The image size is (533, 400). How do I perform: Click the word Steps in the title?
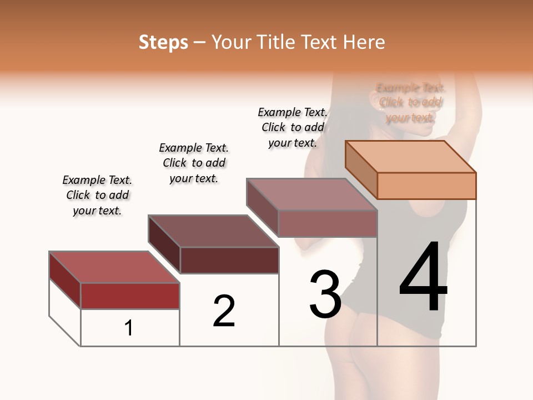pyautogui.click(x=163, y=42)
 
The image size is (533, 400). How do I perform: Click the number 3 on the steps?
pyautogui.click(x=325, y=294)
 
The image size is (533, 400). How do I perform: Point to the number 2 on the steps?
pyautogui.click(x=224, y=311)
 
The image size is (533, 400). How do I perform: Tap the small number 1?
pyautogui.click(x=129, y=328)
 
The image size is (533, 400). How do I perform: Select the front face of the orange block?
pyautogui.click(x=426, y=186)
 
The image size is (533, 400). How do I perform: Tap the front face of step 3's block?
pyautogui.click(x=328, y=223)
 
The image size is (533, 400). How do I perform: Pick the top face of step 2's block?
pyautogui.click(x=214, y=231)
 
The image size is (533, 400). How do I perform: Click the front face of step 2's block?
pyautogui.click(x=229, y=260)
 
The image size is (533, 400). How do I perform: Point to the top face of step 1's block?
pyautogui.click(x=114, y=267)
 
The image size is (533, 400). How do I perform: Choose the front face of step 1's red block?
pyautogui.click(x=130, y=296)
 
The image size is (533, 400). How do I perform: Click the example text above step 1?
pyautogui.click(x=97, y=195)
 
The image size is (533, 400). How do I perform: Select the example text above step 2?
pyautogui.click(x=194, y=163)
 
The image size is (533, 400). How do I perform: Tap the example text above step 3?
pyautogui.click(x=293, y=127)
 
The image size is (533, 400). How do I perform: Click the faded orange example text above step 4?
pyautogui.click(x=410, y=102)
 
